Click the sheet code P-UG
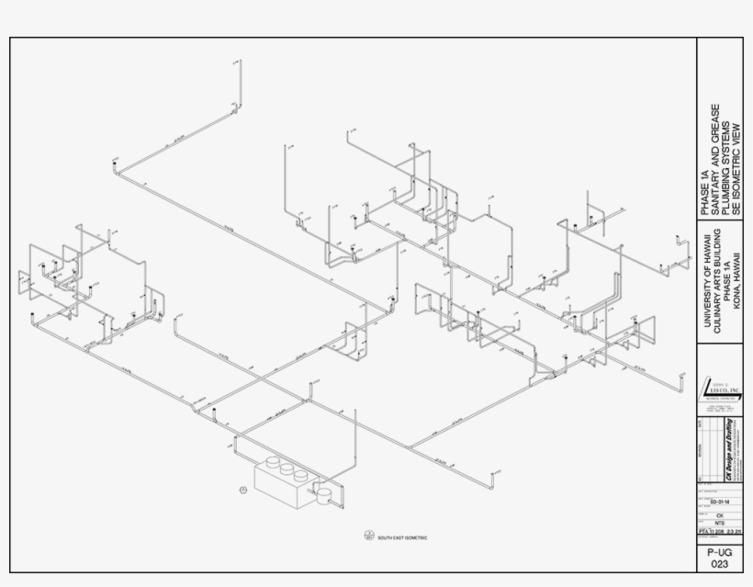point(719,553)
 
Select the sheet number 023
point(719,566)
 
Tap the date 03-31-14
point(719,502)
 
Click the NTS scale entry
point(719,524)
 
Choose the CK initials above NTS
point(719,515)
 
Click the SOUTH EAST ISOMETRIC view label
point(403,537)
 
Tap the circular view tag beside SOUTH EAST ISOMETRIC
point(369,536)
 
